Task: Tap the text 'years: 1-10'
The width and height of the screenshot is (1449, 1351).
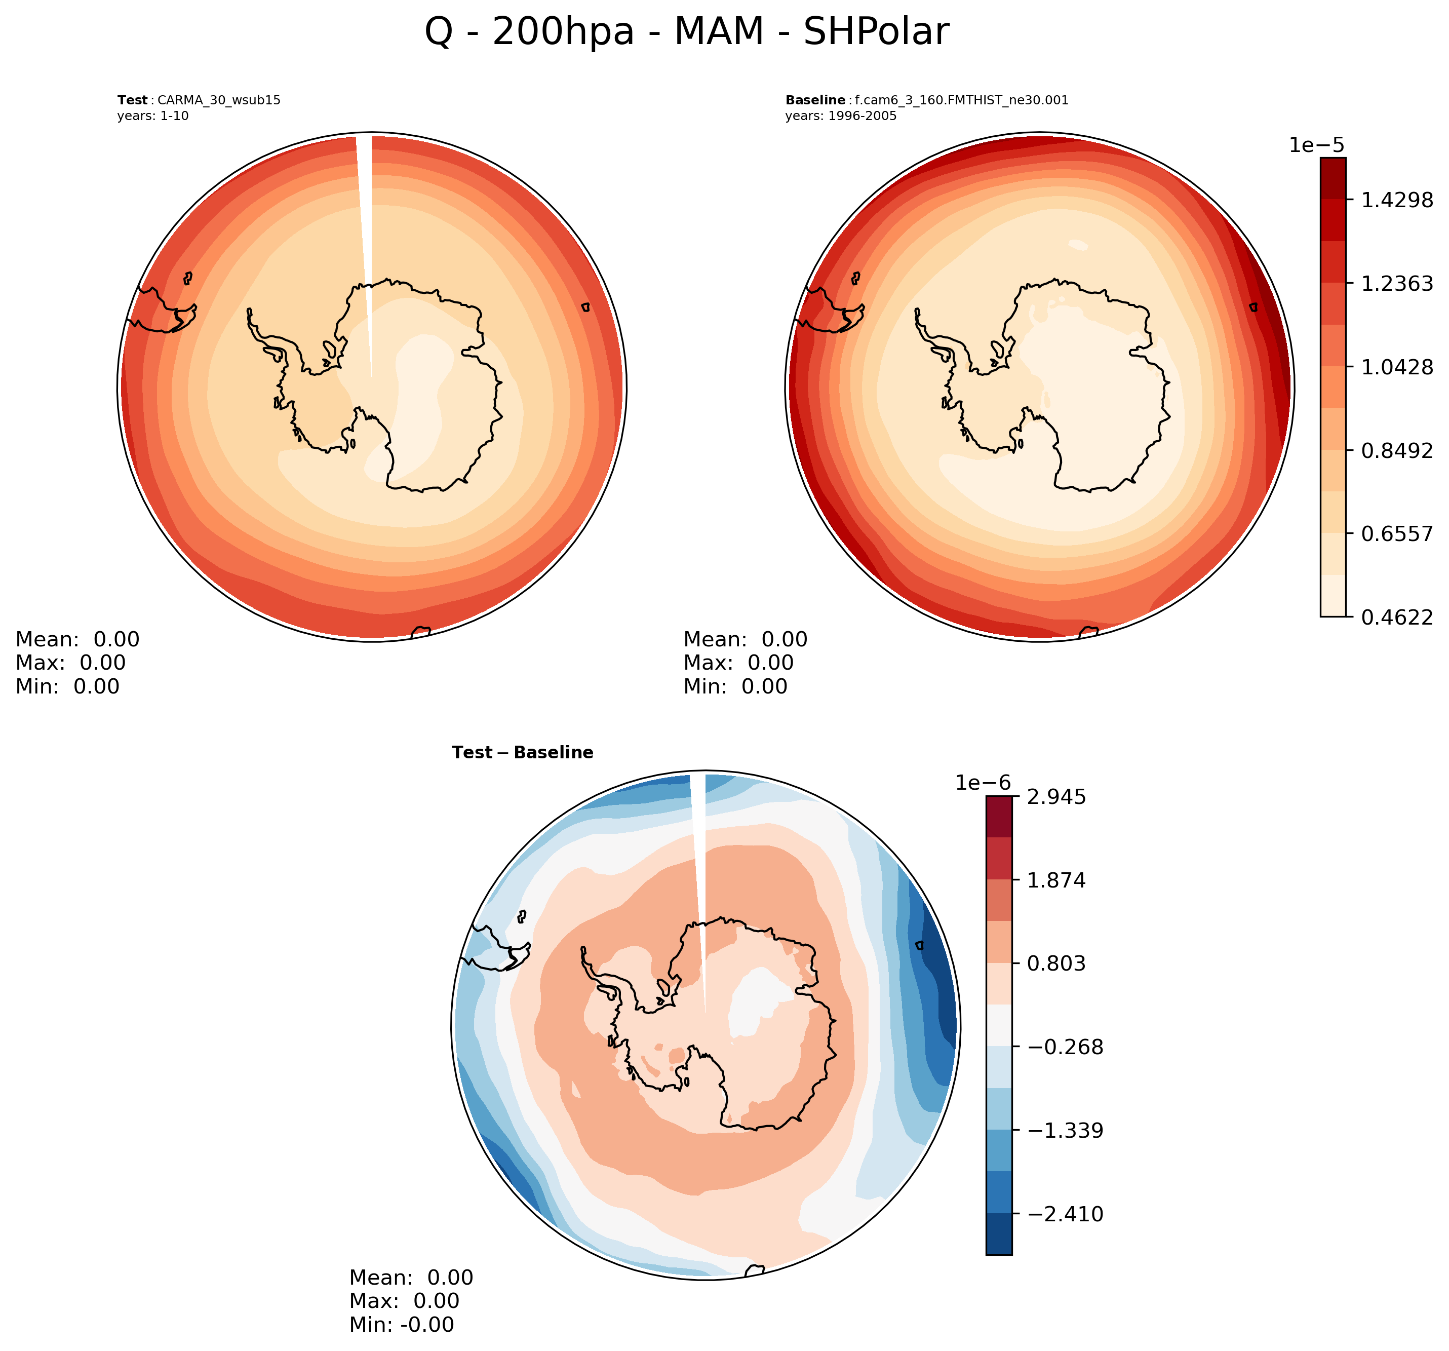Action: pyautogui.click(x=152, y=116)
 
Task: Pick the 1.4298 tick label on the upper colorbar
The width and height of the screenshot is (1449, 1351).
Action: pyautogui.click(x=1396, y=200)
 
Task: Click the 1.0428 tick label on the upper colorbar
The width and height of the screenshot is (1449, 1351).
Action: pyautogui.click(x=1396, y=367)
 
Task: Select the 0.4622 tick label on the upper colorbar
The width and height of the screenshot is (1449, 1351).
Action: pyautogui.click(x=1396, y=617)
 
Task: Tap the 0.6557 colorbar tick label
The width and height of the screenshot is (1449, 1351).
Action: pyautogui.click(x=1396, y=534)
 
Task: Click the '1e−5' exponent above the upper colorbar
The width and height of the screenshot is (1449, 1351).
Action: pyautogui.click(x=1316, y=145)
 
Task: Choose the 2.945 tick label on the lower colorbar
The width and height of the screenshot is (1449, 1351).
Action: pyautogui.click(x=1056, y=797)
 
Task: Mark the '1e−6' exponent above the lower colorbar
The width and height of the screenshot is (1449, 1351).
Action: pyautogui.click(x=983, y=783)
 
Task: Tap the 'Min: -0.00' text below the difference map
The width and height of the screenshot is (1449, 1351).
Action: pyautogui.click(x=401, y=1325)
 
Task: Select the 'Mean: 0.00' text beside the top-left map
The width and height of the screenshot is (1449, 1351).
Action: pyautogui.click(x=77, y=639)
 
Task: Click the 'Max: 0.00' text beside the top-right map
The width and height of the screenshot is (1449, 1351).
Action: pyautogui.click(x=737, y=663)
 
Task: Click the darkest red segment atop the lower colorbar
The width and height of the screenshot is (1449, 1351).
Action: pyautogui.click(x=999, y=817)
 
